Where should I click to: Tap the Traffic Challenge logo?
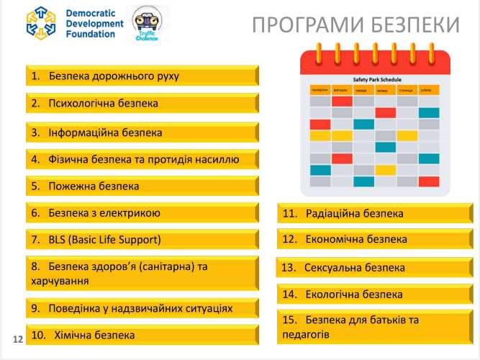click(146, 24)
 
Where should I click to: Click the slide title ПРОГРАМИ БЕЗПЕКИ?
click(356, 25)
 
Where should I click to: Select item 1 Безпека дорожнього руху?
click(142, 76)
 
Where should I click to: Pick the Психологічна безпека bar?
click(142, 104)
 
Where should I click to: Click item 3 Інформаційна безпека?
click(142, 132)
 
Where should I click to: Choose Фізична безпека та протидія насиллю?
click(142, 159)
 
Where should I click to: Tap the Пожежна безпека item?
click(142, 186)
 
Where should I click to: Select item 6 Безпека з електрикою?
click(142, 213)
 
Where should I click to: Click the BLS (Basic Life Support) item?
click(142, 239)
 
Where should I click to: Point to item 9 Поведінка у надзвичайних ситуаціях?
click(142, 308)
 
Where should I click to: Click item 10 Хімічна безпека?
click(142, 335)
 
